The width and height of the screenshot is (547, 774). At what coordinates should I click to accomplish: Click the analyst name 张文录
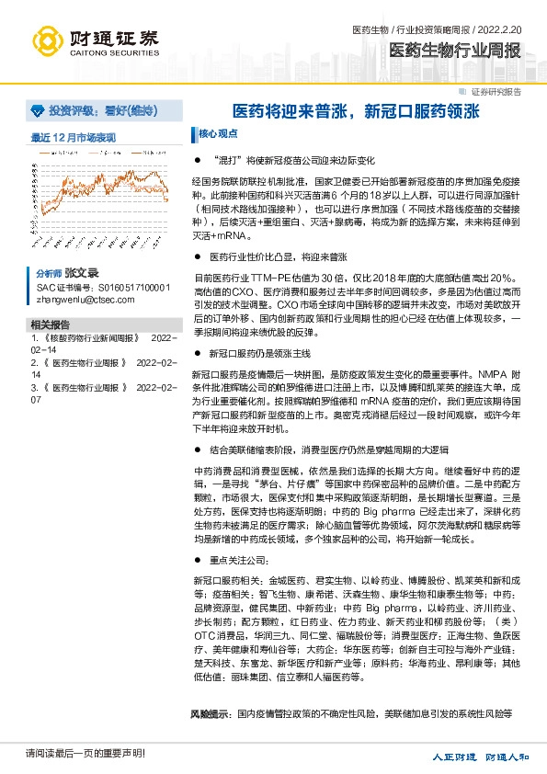(81, 273)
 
